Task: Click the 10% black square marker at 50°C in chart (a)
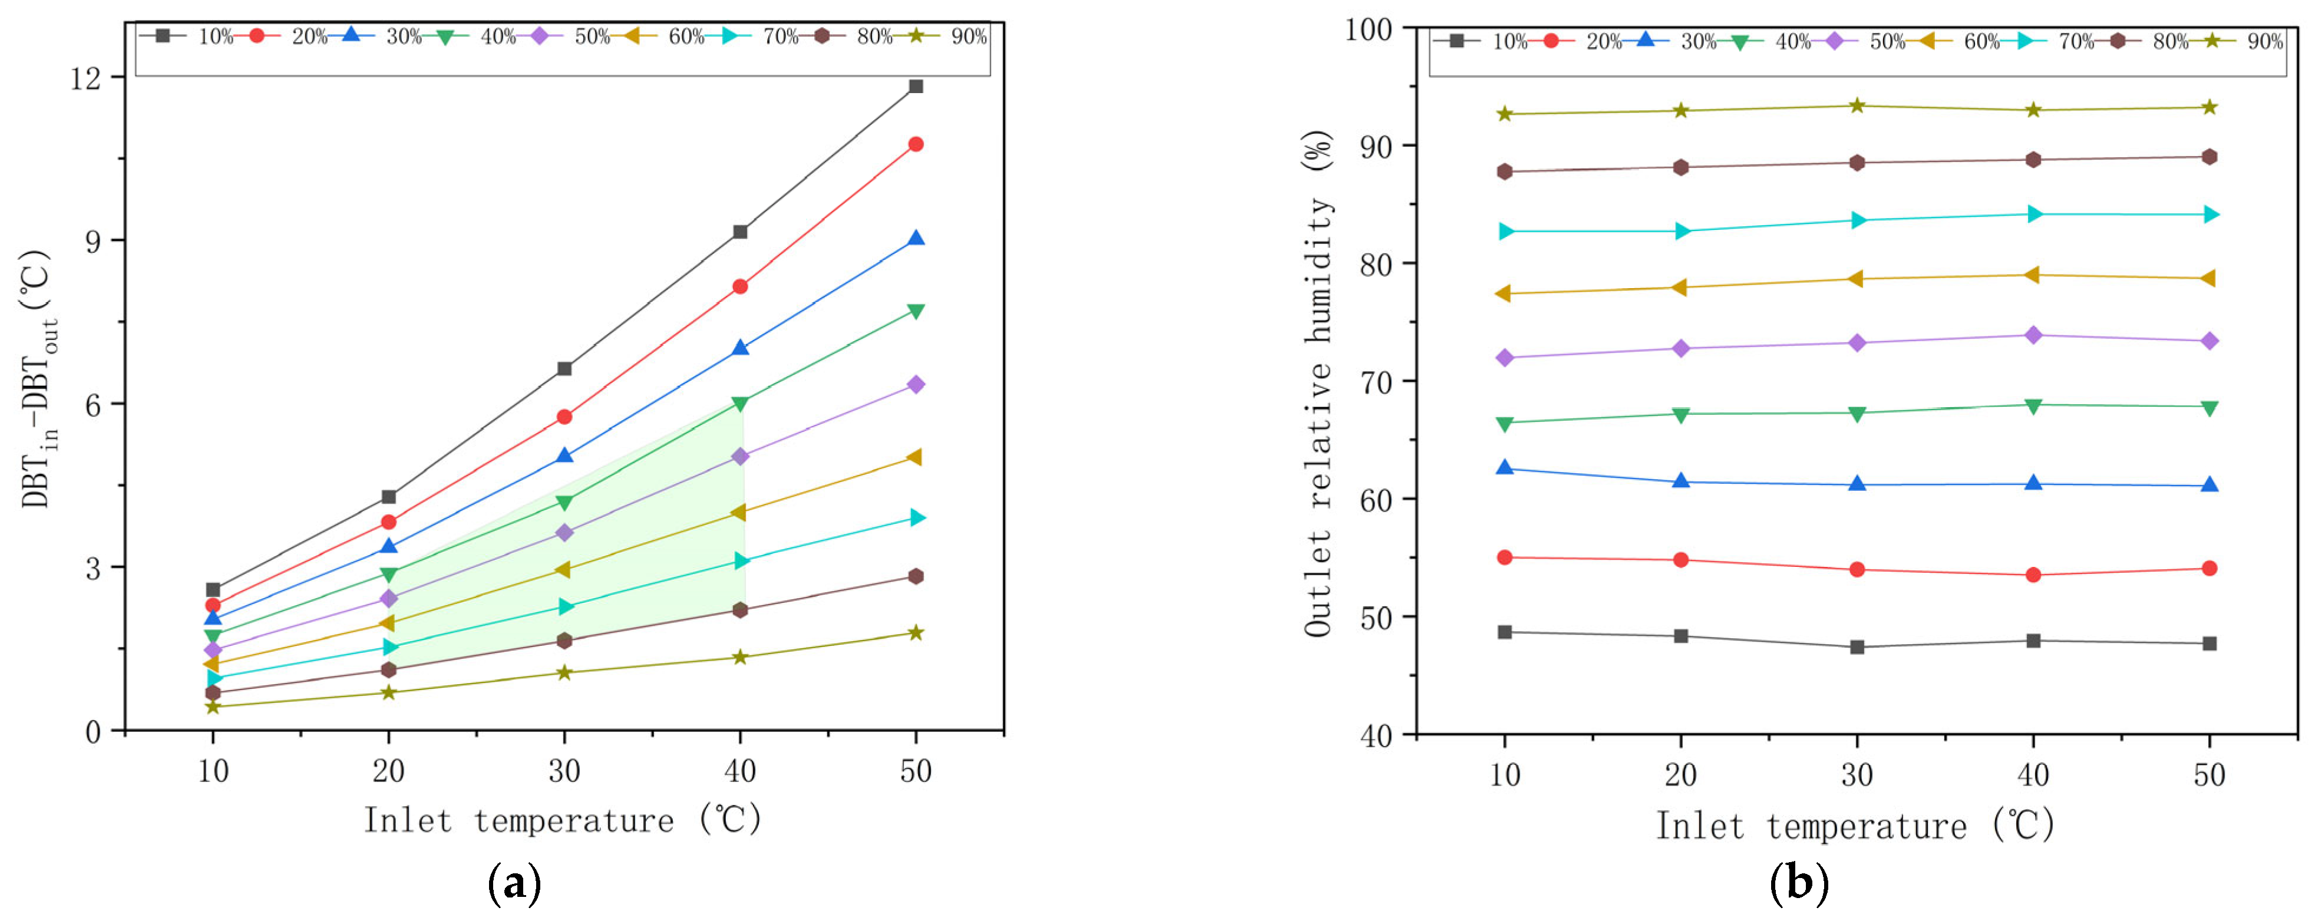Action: coord(916,87)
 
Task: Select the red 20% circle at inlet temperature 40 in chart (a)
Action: coord(740,286)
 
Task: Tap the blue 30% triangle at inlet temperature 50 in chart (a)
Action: coord(916,239)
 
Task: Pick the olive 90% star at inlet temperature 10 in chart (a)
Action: coord(213,707)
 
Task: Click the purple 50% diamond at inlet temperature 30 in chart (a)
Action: coord(564,533)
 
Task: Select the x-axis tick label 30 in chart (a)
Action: coord(564,771)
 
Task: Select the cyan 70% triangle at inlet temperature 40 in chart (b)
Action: coord(2033,214)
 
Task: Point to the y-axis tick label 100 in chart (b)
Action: coord(1368,29)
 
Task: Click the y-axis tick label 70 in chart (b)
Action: coord(1376,382)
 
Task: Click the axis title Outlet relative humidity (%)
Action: coord(1319,383)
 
